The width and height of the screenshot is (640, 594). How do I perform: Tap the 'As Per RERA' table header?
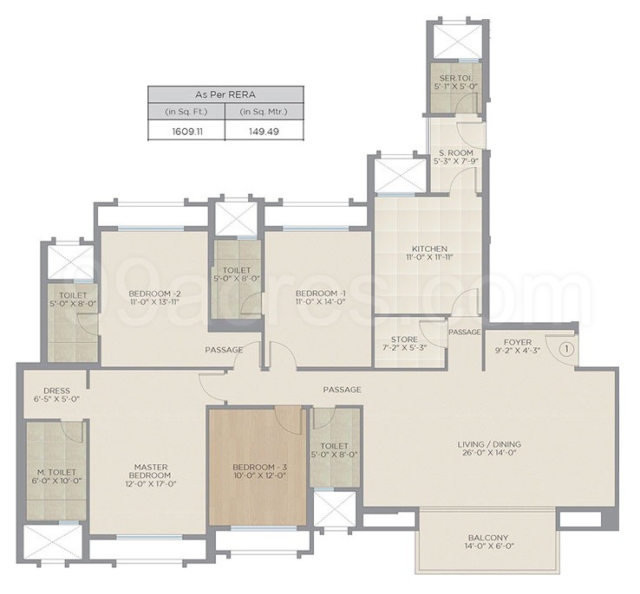click(x=225, y=94)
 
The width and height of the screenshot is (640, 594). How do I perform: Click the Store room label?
click(x=404, y=339)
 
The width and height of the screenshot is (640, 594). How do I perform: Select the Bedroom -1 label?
click(x=319, y=293)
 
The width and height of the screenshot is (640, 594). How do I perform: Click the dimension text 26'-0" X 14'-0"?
click(x=489, y=455)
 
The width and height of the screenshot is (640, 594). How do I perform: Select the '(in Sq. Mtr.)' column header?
click(x=264, y=113)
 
